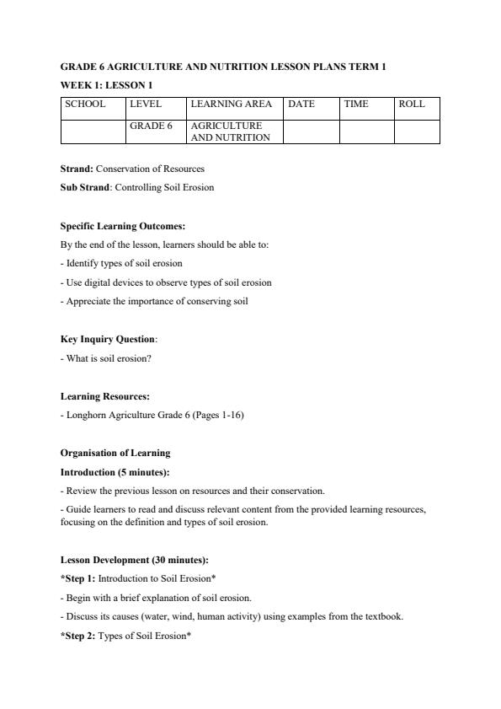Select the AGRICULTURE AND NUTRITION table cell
click(233, 131)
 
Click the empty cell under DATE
click(311, 131)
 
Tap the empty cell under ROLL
click(417, 131)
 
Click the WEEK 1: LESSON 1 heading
click(106, 85)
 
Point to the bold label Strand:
click(77, 169)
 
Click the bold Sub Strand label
click(85, 187)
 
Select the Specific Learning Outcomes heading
click(123, 226)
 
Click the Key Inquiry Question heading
click(108, 339)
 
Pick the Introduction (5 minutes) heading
click(120, 472)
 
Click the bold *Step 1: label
click(78, 578)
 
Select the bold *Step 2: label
click(78, 635)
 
